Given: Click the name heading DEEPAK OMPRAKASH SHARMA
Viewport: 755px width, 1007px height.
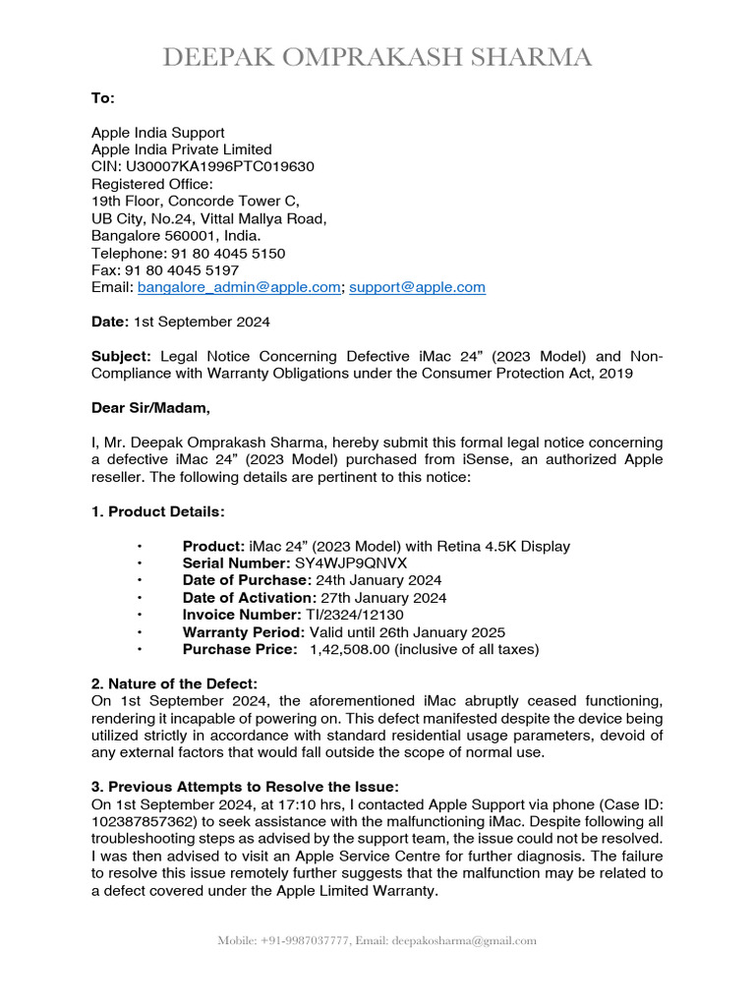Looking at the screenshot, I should (x=377, y=59).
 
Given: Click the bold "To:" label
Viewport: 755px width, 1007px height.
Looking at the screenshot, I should (x=103, y=98).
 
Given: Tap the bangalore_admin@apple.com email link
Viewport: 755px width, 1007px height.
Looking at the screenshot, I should (x=239, y=287).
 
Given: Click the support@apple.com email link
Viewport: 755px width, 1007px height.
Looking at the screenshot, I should (x=417, y=287).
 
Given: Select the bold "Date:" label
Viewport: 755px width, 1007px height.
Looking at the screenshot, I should (x=110, y=322).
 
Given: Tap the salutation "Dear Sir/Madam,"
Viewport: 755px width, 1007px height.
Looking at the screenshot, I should (x=150, y=408).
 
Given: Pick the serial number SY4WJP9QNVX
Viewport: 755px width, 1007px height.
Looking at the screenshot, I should (x=351, y=563).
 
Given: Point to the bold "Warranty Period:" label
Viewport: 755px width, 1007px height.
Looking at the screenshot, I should (x=242, y=631).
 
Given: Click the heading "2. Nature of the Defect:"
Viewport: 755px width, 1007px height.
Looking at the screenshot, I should (x=174, y=682).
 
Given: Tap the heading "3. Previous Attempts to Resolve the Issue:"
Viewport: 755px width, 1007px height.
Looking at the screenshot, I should (x=246, y=786).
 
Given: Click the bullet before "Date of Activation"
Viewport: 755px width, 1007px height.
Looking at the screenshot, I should (x=141, y=598).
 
